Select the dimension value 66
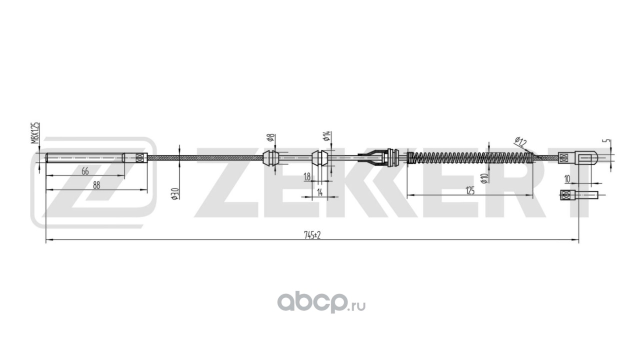click(85, 171)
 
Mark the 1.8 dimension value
click(306, 176)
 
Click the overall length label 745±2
click(311, 236)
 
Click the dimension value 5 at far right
click(608, 141)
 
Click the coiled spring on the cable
click(470, 158)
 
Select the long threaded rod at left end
click(85, 158)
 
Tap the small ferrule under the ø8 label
click(270, 158)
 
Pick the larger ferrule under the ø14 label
click(319, 158)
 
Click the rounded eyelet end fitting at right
click(587, 158)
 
